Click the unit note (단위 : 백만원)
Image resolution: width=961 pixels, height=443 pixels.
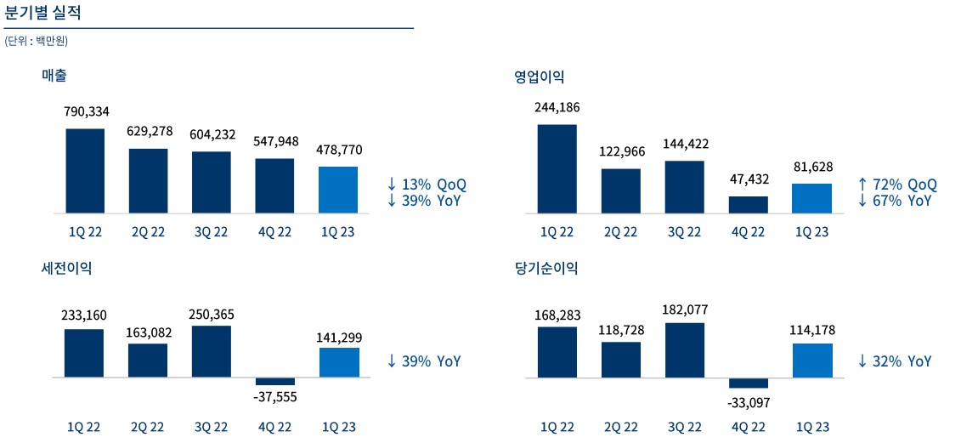point(37,41)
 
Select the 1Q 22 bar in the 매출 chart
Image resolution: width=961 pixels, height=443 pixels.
point(85,171)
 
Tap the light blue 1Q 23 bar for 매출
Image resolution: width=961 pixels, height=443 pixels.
point(338,190)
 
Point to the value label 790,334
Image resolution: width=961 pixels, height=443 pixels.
point(86,111)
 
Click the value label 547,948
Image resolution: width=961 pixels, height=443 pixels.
point(275,141)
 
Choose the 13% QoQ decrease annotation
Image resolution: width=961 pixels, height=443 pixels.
point(427,185)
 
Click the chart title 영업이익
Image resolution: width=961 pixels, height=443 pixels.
point(539,77)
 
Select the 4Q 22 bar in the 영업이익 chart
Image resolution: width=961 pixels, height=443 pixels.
point(748,205)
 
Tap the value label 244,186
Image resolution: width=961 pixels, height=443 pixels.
point(557,107)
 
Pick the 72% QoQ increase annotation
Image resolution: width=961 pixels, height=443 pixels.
point(897,185)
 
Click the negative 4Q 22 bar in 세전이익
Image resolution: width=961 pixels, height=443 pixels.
point(275,381)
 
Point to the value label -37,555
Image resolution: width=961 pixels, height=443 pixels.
point(275,396)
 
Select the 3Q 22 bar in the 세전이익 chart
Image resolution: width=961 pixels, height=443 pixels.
point(212,351)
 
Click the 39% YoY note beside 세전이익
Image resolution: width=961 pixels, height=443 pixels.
point(424,361)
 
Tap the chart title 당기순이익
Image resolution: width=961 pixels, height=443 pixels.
point(546,268)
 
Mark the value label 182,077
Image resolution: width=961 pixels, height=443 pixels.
point(684,310)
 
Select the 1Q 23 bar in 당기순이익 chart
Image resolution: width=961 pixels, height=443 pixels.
point(811,360)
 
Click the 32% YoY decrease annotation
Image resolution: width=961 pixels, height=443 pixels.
point(895,361)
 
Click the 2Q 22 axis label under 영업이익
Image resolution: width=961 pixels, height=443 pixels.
point(620,232)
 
